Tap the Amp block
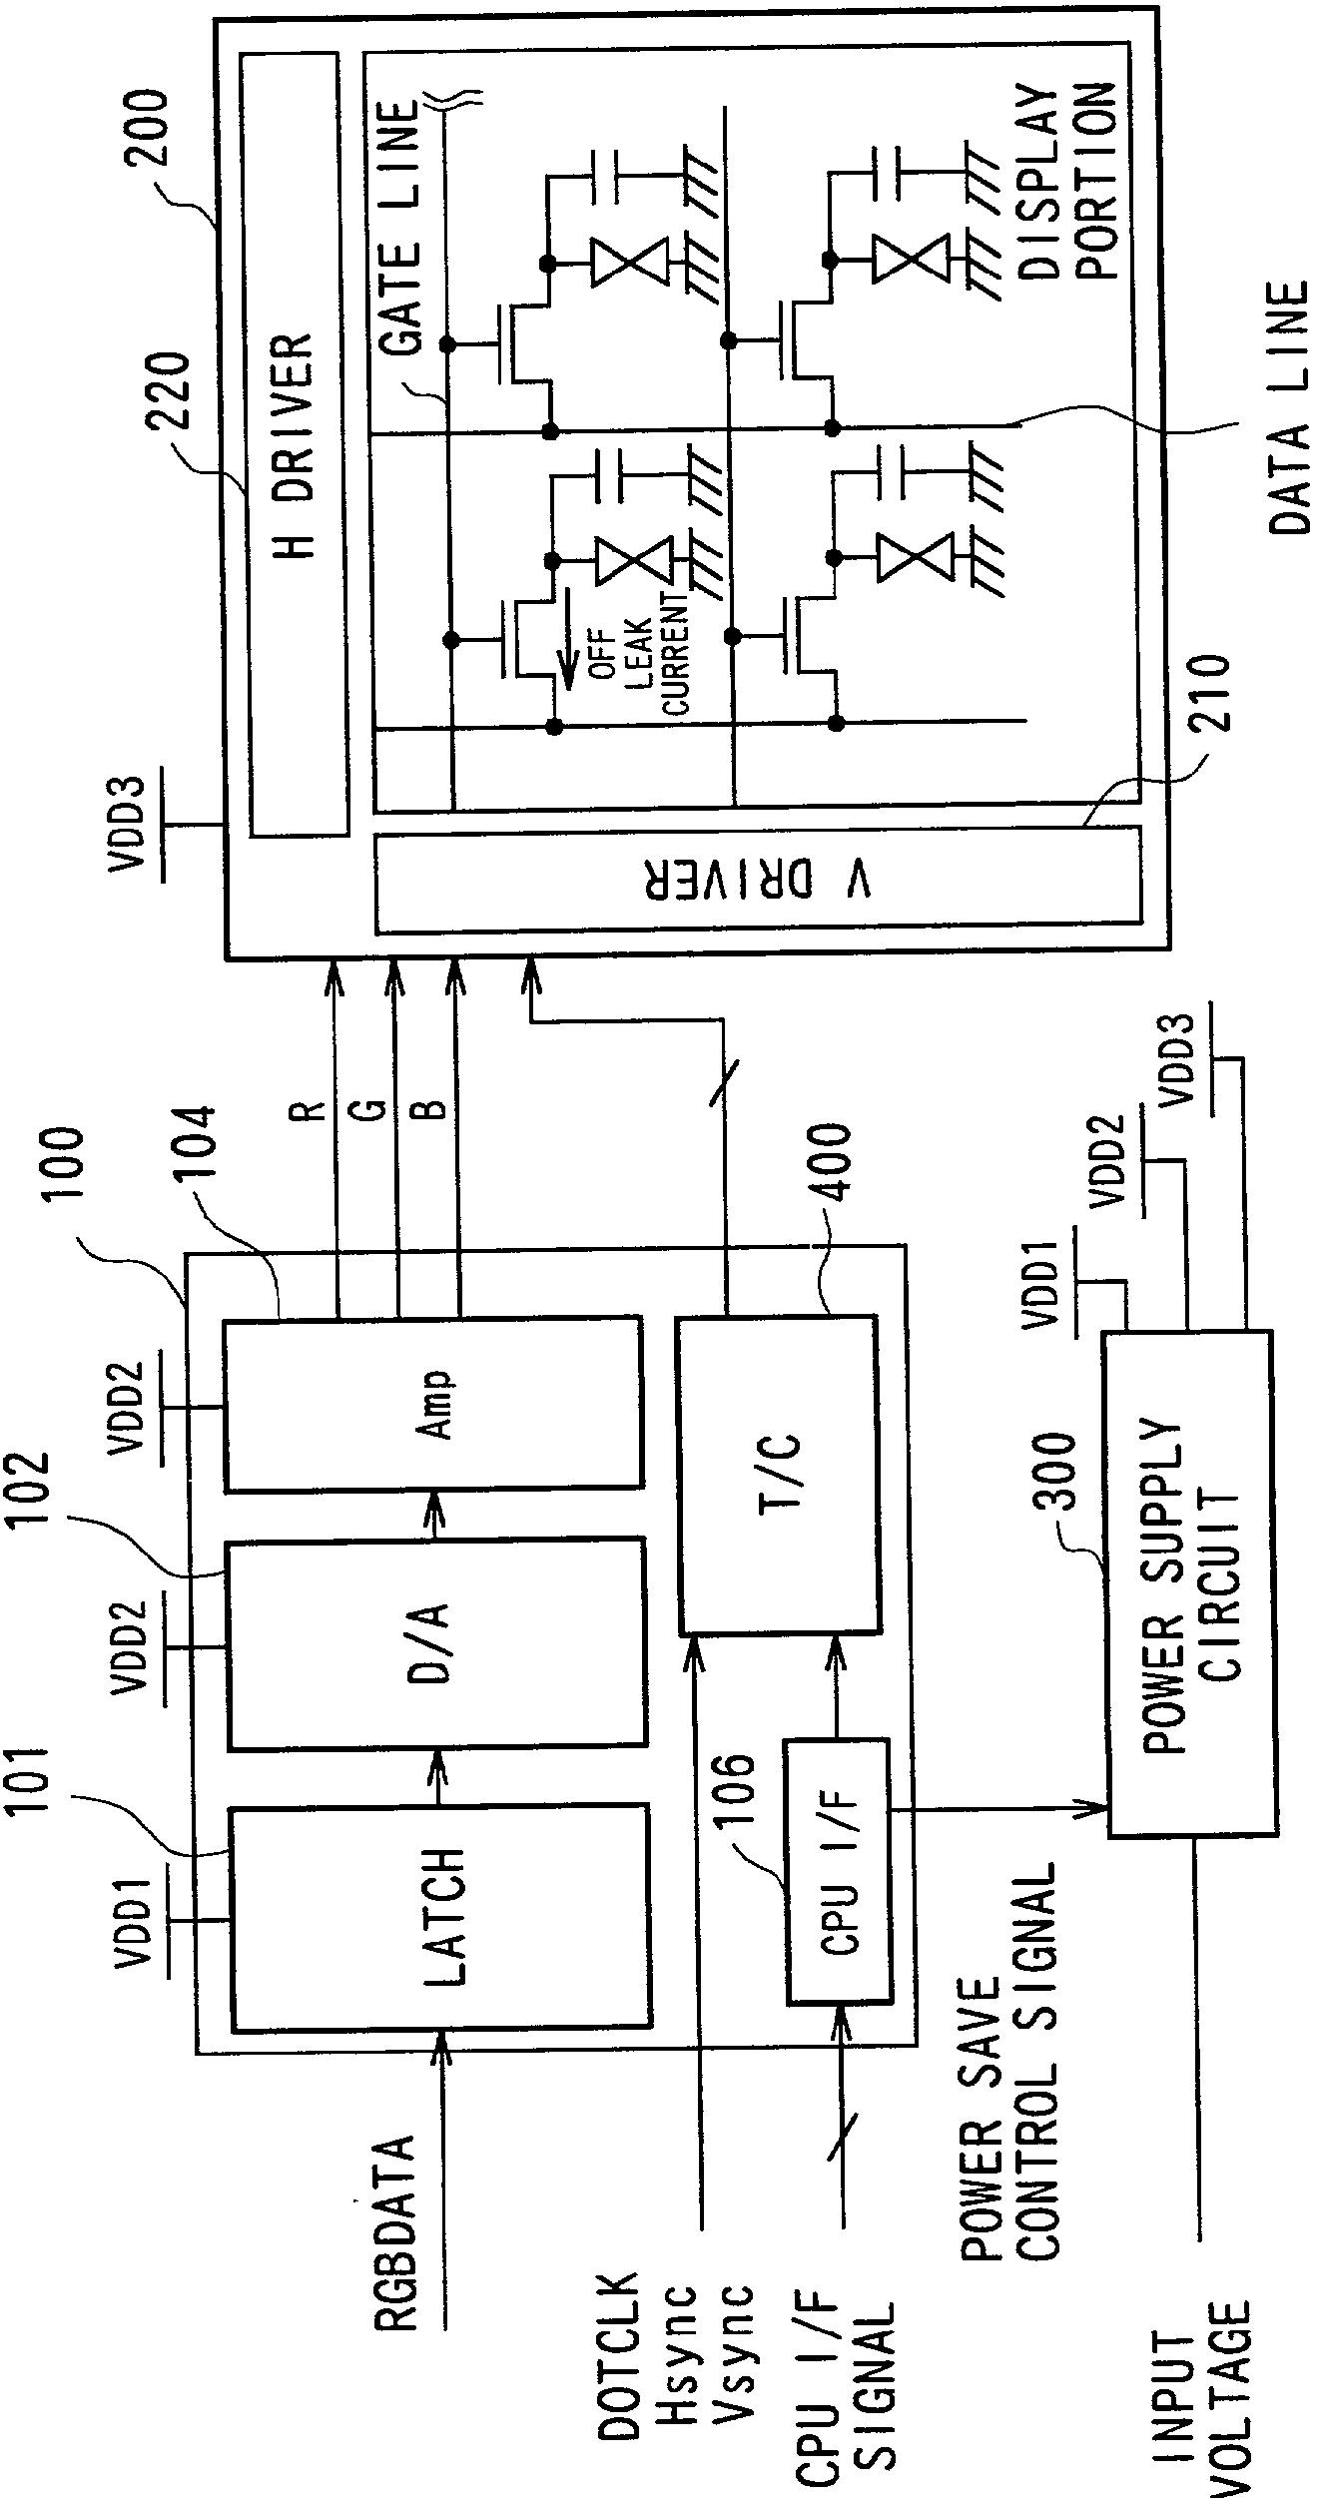[432, 1405]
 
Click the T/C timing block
[778, 1475]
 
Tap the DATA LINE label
[1288, 409]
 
